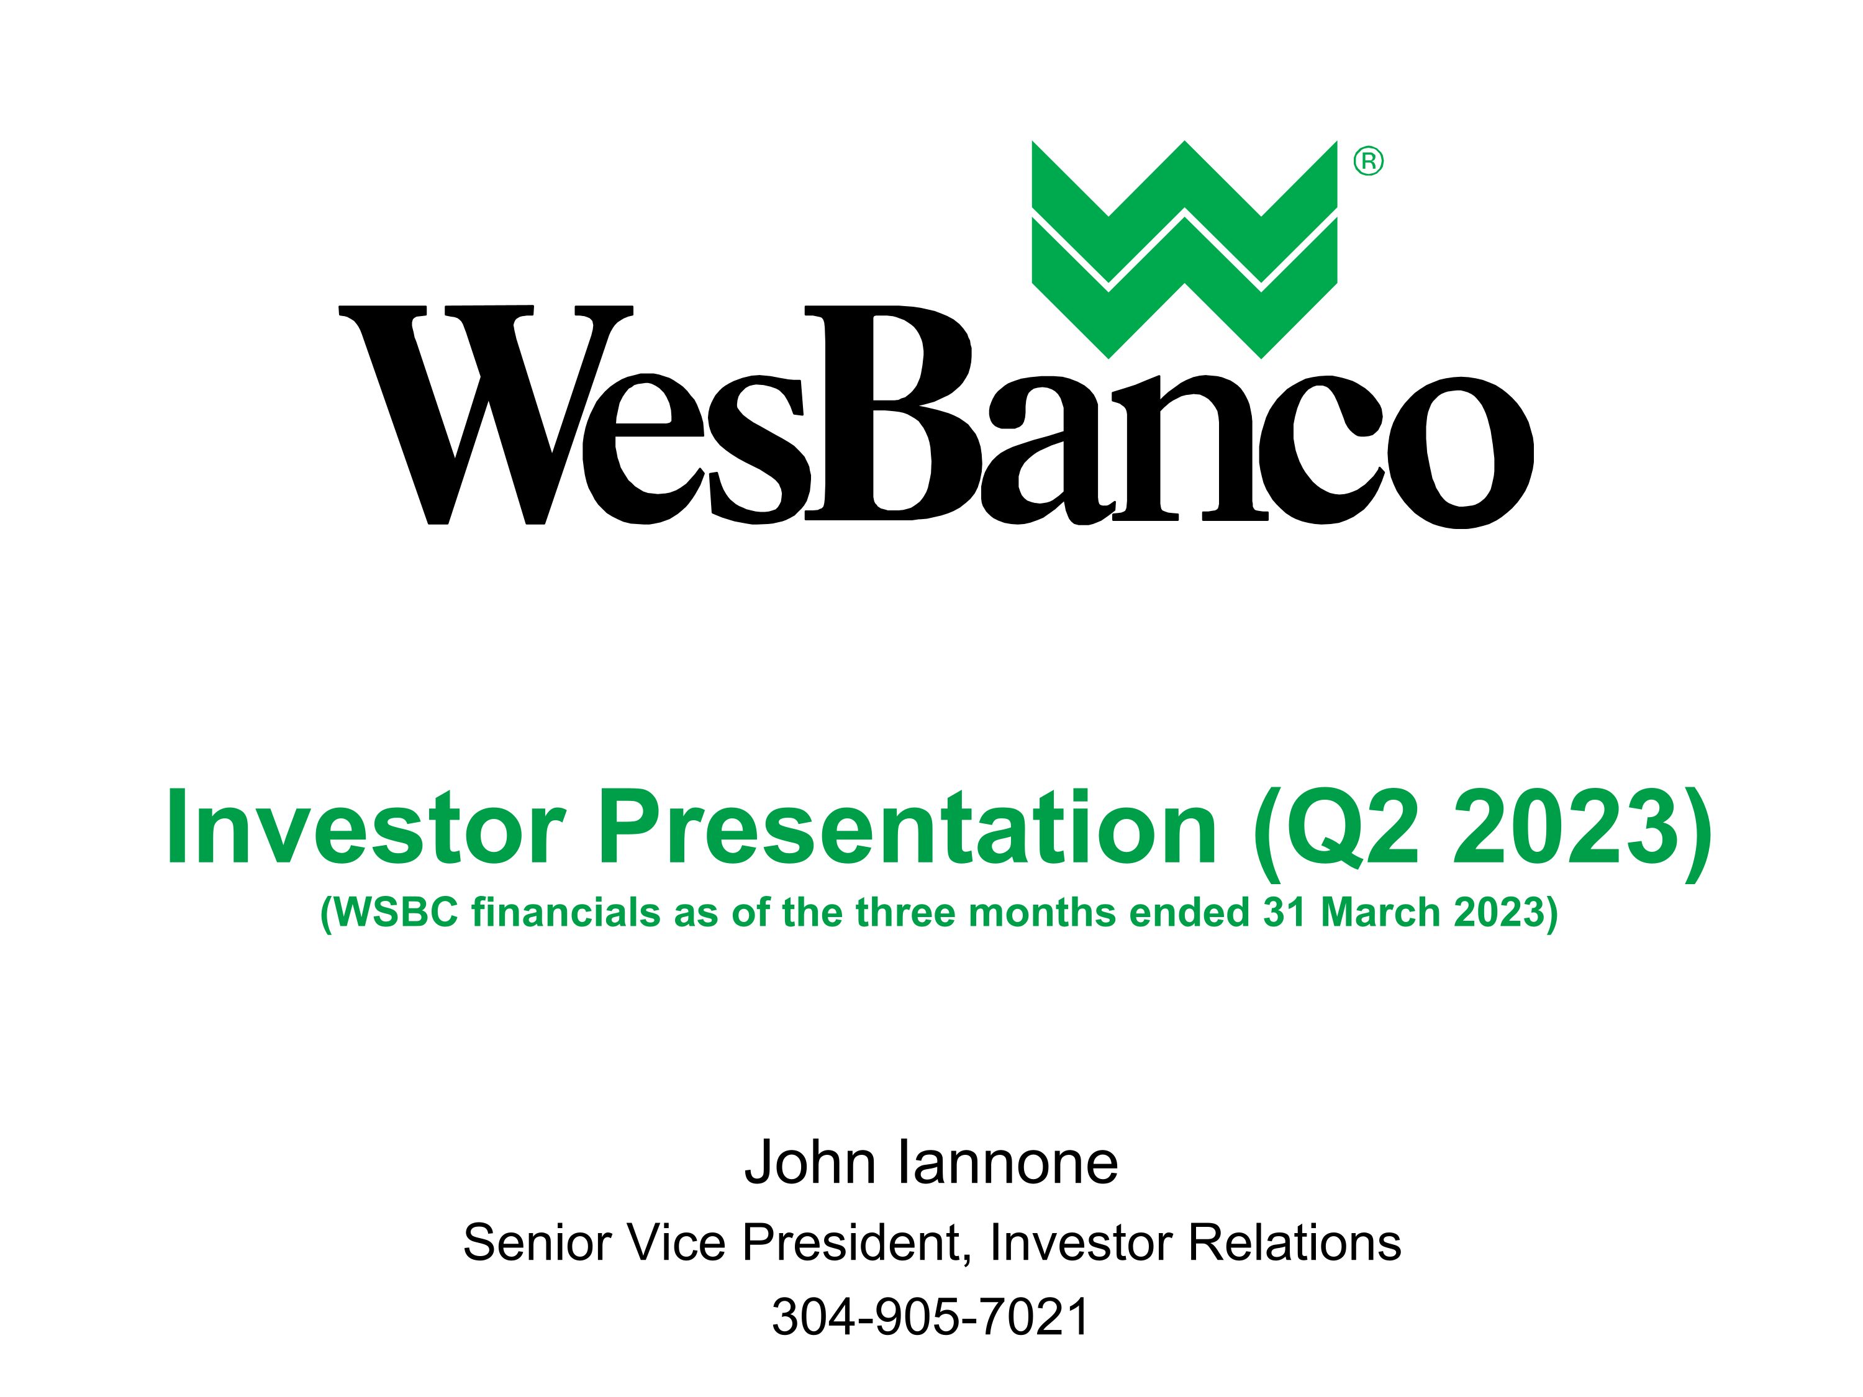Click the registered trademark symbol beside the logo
tap(1369, 161)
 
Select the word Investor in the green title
tap(365, 828)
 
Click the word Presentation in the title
tap(907, 828)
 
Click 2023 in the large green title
tap(1565, 828)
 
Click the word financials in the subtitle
tap(566, 913)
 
